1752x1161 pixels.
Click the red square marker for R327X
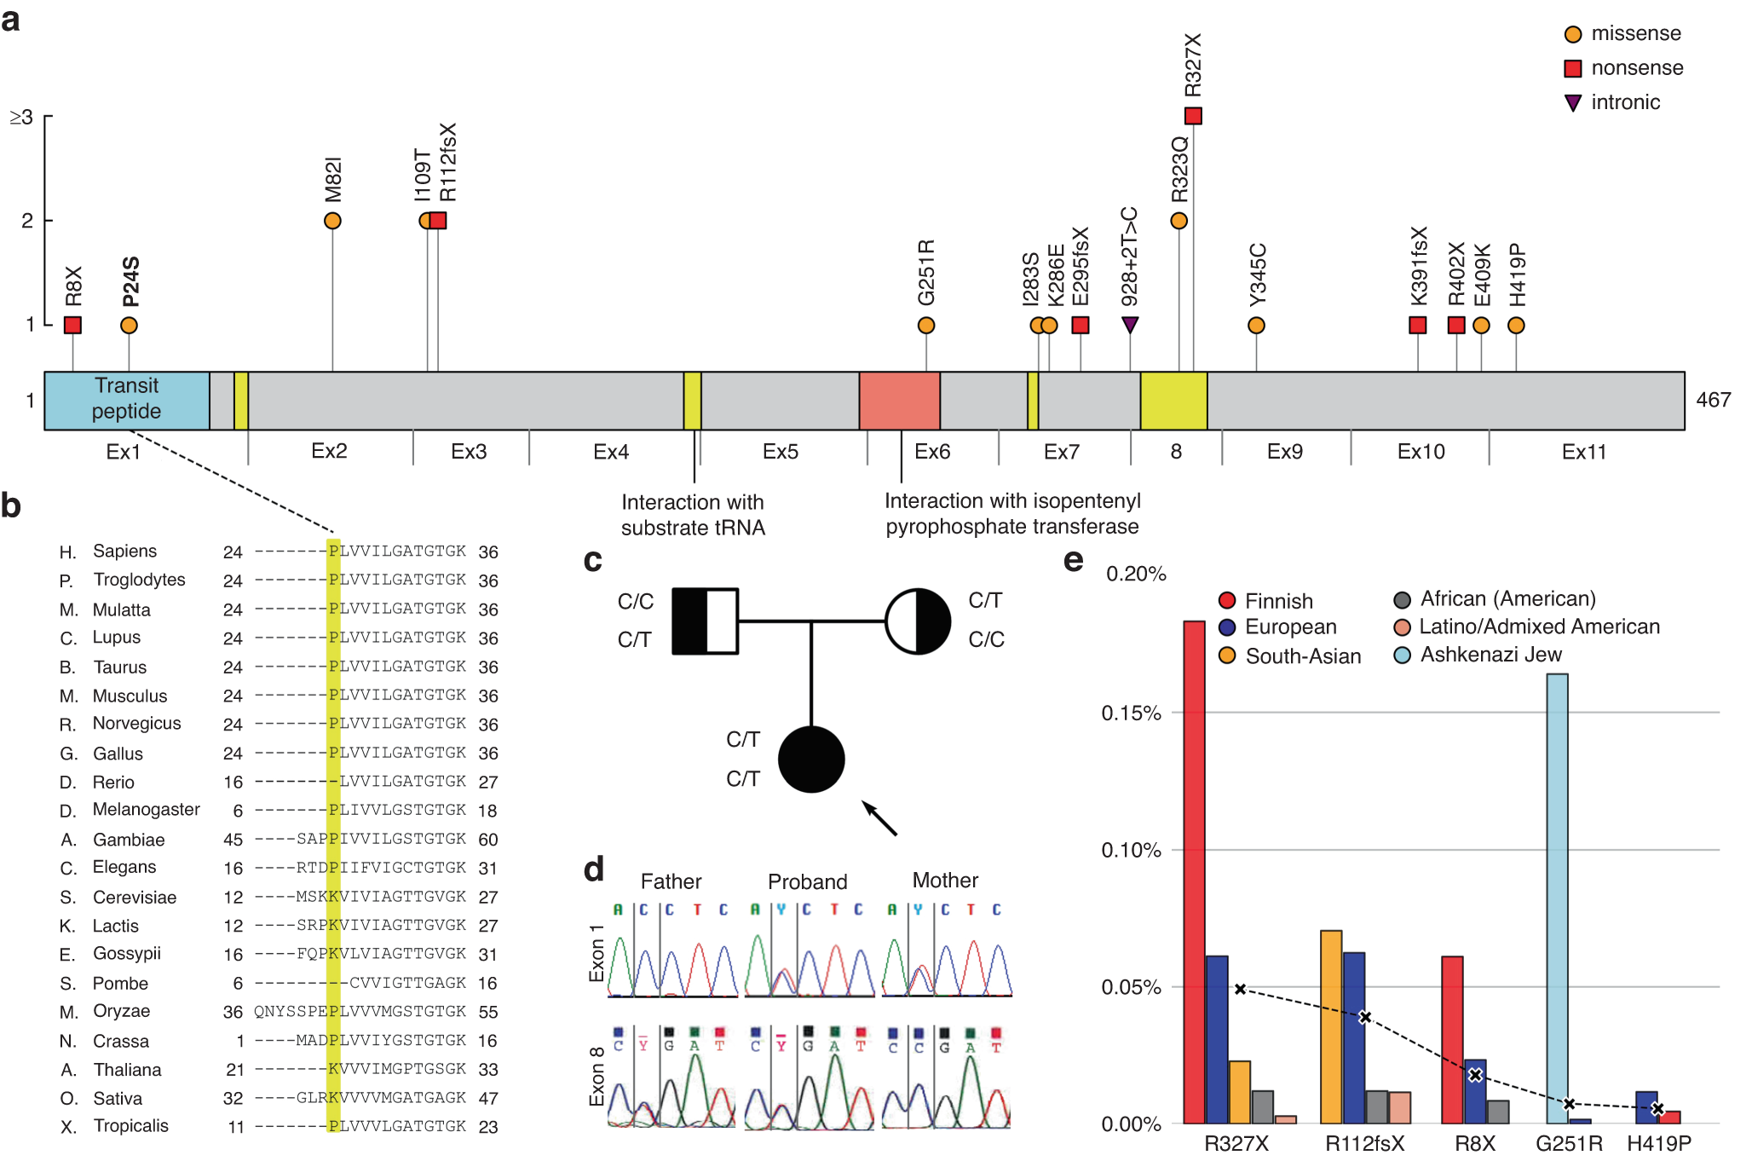coord(1193,116)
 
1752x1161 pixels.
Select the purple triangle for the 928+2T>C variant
coord(1130,325)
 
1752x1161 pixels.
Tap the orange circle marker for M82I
coord(332,221)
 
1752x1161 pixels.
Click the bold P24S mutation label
coord(130,281)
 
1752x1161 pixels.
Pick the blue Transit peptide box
coord(127,400)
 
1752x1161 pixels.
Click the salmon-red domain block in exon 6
coord(899,400)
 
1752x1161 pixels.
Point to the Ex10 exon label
coord(1421,452)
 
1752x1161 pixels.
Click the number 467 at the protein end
coord(1713,400)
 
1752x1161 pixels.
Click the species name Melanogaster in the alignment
coord(146,810)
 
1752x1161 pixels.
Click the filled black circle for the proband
coord(811,760)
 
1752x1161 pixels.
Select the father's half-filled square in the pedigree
coord(705,621)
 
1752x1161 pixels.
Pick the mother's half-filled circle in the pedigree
coord(918,621)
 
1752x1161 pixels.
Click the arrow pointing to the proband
coord(879,818)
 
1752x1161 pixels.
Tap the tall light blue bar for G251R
coord(1557,895)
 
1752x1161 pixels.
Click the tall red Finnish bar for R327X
coord(1194,869)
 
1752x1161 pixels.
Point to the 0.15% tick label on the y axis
coord(1131,713)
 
